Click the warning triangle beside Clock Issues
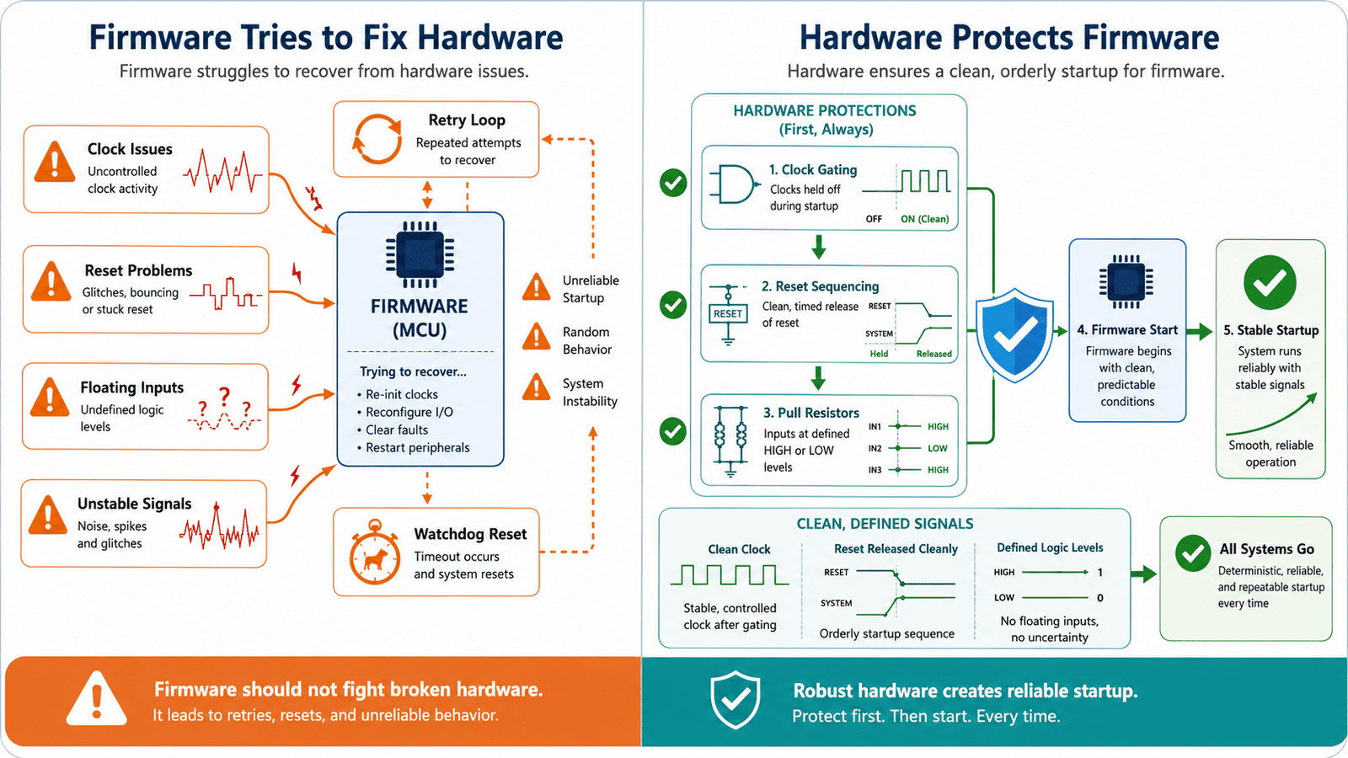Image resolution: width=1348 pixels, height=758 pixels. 55,162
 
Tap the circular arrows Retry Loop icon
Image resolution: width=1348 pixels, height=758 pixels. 377,139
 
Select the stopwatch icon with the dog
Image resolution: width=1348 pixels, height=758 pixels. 375,552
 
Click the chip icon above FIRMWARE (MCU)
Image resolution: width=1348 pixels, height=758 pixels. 420,254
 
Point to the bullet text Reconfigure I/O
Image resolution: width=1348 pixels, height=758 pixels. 409,412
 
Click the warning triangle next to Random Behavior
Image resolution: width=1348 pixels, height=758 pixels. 536,336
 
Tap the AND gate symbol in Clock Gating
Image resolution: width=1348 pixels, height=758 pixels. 732,184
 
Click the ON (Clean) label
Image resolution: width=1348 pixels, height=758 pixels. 925,219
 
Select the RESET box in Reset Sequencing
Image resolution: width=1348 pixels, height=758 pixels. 728,313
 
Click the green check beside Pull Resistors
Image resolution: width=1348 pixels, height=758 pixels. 673,431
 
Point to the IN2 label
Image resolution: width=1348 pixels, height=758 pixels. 875,448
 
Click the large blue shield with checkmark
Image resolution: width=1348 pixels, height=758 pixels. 1014,335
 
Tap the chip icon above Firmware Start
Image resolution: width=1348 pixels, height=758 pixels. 1126,281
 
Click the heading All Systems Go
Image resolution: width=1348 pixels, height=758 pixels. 1267,548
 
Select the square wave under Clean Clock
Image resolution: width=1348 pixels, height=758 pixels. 730,574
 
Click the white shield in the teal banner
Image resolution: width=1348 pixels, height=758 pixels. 735,700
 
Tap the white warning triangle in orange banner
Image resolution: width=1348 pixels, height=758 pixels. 96,699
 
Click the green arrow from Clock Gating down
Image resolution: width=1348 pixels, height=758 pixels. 818,247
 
